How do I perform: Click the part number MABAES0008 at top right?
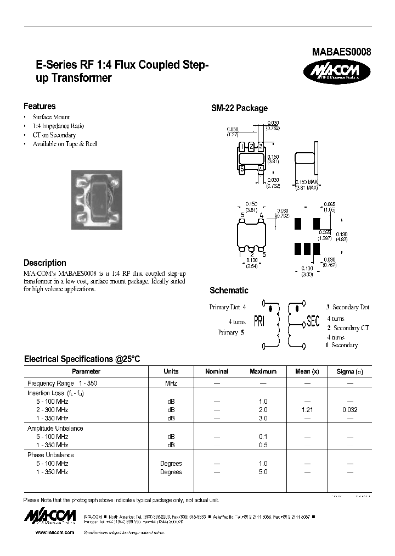pyautogui.click(x=342, y=53)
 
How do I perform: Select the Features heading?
pyautogui.click(x=39, y=106)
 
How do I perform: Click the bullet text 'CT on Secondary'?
pyautogui.click(x=54, y=135)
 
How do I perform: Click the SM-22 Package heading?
pyautogui.click(x=239, y=108)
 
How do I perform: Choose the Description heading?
pyautogui.click(x=45, y=263)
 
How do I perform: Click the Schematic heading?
pyautogui.click(x=229, y=290)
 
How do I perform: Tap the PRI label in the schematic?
pyautogui.click(x=259, y=322)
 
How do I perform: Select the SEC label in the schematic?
pyautogui.click(x=313, y=322)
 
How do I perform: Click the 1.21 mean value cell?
pyautogui.click(x=307, y=410)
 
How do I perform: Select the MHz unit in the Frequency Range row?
pyautogui.click(x=171, y=382)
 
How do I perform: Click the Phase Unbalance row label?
pyautogui.click(x=50, y=455)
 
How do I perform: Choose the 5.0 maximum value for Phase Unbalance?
pyautogui.click(x=263, y=471)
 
